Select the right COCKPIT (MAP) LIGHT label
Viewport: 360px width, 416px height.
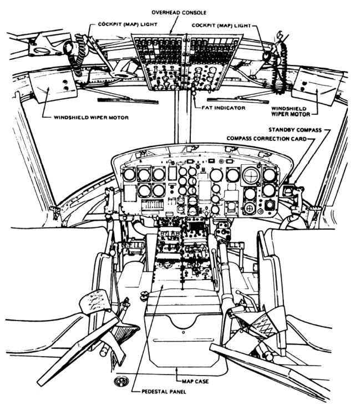point(221,26)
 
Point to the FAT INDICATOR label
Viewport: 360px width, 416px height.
point(221,108)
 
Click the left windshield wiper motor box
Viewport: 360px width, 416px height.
point(45,87)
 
